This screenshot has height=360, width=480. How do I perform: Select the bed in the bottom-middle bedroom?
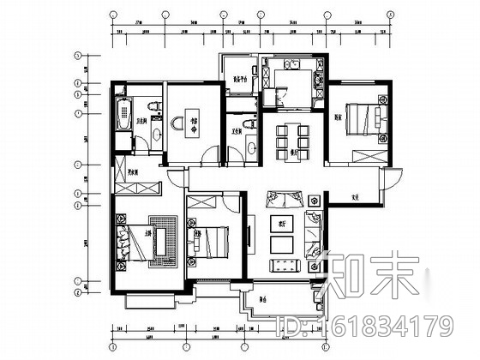pos(212,240)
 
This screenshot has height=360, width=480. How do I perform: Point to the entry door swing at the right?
pos(390,182)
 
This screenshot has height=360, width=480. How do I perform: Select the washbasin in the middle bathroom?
pos(249,147)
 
